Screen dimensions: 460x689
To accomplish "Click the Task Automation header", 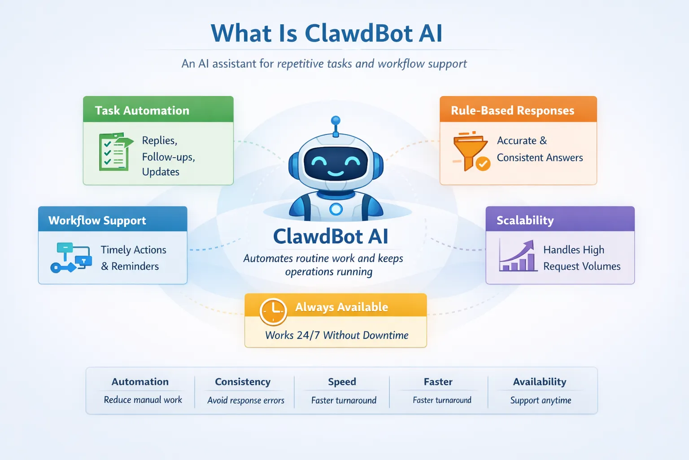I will click(x=142, y=111).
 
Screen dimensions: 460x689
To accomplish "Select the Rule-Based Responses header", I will click(x=512, y=111).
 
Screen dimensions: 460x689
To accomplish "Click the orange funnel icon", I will click(x=470, y=151).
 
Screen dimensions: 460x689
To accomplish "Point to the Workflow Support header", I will click(x=97, y=220).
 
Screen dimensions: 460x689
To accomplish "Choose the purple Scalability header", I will click(x=525, y=220).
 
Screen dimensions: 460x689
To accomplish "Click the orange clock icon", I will click(x=273, y=311).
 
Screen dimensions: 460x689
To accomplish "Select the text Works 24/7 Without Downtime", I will click(x=336, y=335).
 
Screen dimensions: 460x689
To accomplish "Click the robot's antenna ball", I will click(x=336, y=120).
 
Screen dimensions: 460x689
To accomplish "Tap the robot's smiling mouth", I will click(x=336, y=173).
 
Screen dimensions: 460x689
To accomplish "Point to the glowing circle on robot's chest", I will click(x=336, y=209).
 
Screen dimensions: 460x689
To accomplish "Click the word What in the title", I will click(x=241, y=34).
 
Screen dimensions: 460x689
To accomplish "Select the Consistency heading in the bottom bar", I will click(x=243, y=382).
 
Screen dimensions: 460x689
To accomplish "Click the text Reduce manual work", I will click(x=143, y=400).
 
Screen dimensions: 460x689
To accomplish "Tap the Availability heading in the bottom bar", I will click(x=540, y=382).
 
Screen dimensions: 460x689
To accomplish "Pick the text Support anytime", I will click(x=541, y=400).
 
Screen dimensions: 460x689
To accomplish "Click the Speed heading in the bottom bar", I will click(x=342, y=382).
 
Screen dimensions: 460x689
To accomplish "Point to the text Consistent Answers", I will click(x=540, y=158).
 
